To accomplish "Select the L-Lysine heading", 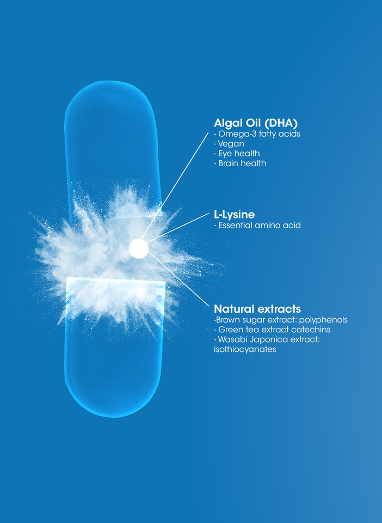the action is [234, 214].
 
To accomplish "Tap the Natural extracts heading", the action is [257, 309].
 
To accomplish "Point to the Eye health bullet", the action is [237, 154].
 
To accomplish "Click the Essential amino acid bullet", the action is [258, 225].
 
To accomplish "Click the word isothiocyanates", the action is [245, 350].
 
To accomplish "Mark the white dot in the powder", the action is [139, 248].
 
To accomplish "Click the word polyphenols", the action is [325, 320].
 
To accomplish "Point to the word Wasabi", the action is [232, 340].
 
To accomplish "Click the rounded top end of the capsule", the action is [112, 95].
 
